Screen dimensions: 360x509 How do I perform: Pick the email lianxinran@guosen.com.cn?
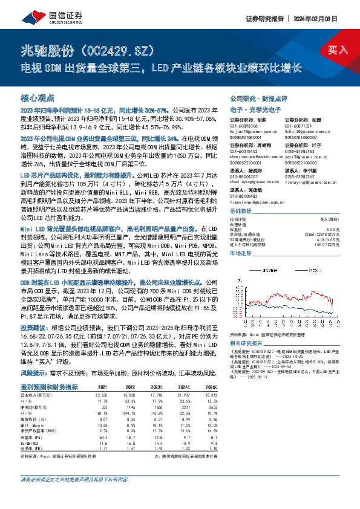(254, 202)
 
